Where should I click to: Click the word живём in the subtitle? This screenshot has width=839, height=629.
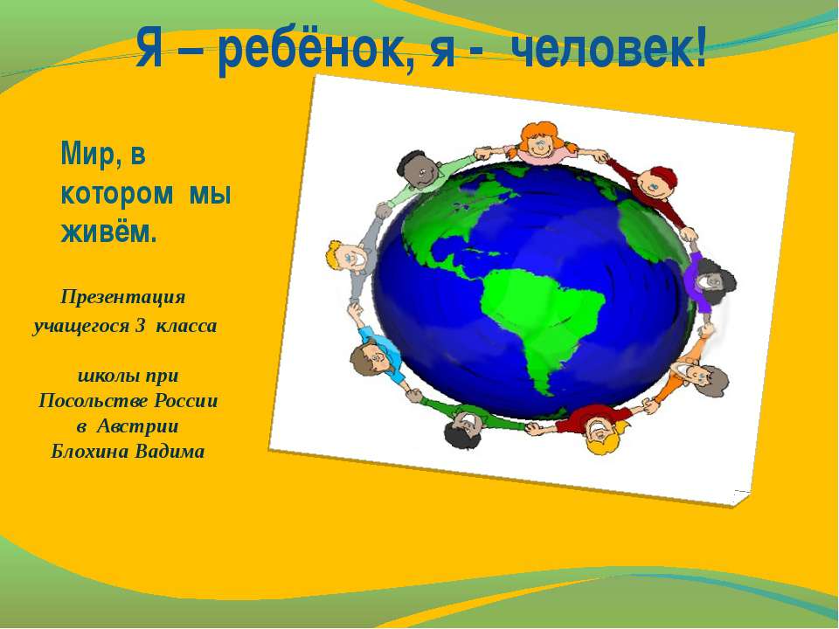107,232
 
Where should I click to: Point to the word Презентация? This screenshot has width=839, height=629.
123,297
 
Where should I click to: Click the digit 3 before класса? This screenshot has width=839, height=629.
140,326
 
